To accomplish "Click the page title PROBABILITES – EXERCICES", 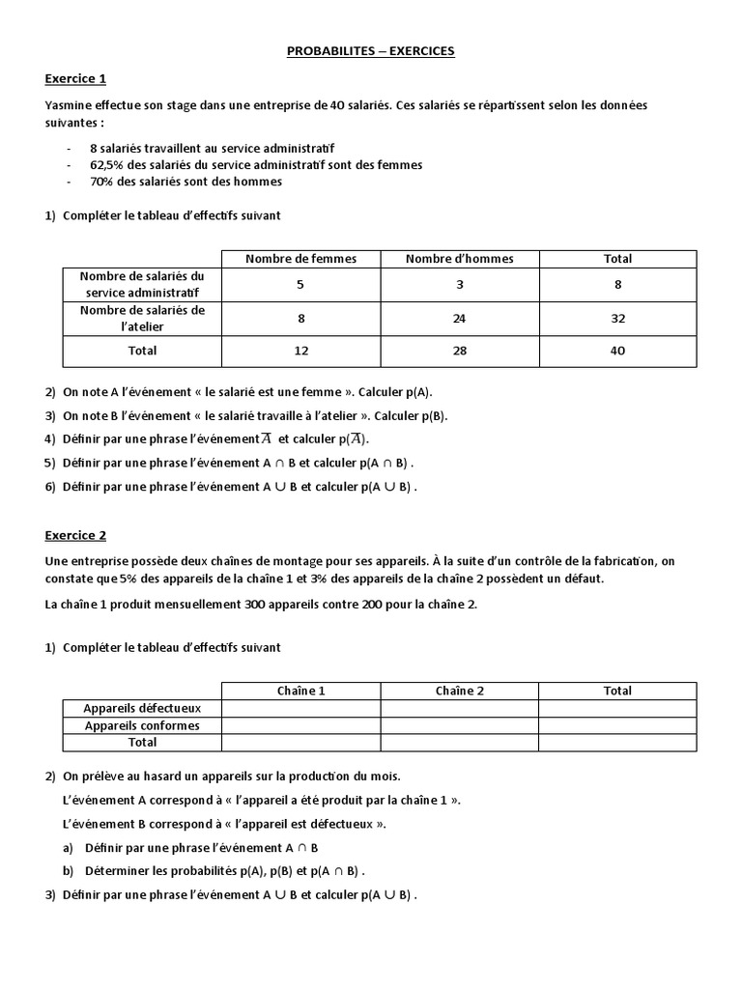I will tap(370, 51).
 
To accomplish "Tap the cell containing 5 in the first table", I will tap(300, 284).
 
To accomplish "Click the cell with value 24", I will tap(459, 318).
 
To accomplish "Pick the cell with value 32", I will tap(617, 318).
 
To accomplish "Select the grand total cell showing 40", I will tap(617, 351).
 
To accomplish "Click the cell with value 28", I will tap(459, 351).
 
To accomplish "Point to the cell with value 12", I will tap(300, 351).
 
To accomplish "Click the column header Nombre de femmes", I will tap(300, 259).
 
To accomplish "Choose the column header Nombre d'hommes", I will tap(459, 259).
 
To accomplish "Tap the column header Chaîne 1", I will tap(300, 691).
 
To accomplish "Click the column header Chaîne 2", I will tap(459, 691).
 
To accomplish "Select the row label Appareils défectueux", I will tap(142, 708).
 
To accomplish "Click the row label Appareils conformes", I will tap(142, 725).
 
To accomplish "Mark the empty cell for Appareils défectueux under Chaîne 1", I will tap(300, 708).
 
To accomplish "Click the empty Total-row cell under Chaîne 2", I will tap(459, 743).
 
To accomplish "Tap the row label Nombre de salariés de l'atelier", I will tap(142, 318).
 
